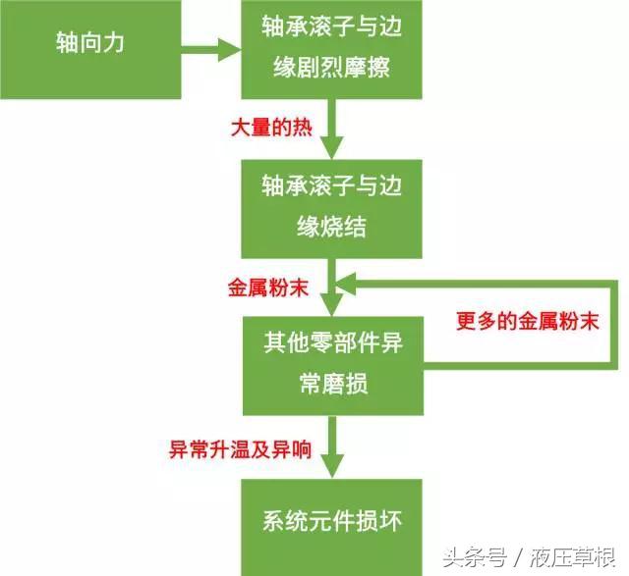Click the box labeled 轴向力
click(x=90, y=49)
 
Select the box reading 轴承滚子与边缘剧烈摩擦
click(x=331, y=49)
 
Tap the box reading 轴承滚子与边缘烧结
click(x=331, y=209)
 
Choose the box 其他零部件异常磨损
click(x=333, y=366)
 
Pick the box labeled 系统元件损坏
click(x=331, y=527)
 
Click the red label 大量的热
click(x=271, y=128)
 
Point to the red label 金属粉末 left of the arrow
click(x=268, y=288)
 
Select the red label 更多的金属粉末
click(x=528, y=321)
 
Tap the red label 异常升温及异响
click(x=240, y=449)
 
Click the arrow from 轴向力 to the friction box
click(x=211, y=50)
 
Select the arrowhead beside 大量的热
click(x=332, y=147)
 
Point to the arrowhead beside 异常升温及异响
click(x=332, y=466)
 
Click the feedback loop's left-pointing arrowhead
click(x=346, y=284)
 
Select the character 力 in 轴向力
click(x=113, y=42)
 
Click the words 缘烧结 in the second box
click(x=331, y=227)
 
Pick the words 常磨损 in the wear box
click(x=333, y=384)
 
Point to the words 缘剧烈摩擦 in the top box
click(x=331, y=67)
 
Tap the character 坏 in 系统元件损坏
click(x=390, y=521)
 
